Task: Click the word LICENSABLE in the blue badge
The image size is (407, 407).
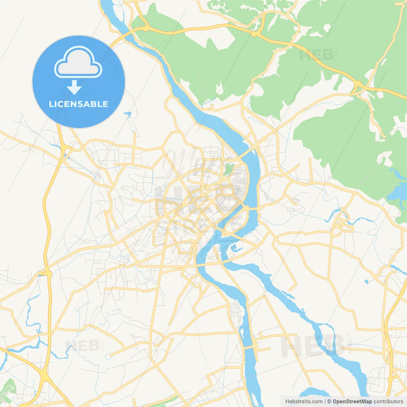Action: tap(79, 104)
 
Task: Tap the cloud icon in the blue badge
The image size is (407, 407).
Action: tap(78, 63)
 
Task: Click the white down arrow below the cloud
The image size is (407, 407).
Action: tap(74, 87)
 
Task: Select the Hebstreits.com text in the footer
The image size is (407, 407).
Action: tap(304, 402)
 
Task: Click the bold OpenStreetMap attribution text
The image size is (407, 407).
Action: tap(352, 402)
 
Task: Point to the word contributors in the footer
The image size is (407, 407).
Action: tap(388, 402)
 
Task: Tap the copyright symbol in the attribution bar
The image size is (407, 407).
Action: tap(329, 402)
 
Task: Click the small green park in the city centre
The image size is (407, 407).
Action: tap(228, 169)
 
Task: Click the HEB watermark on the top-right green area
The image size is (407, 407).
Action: tap(316, 55)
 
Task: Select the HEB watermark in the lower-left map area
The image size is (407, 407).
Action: tap(83, 346)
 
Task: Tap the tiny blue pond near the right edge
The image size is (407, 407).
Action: tap(366, 281)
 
